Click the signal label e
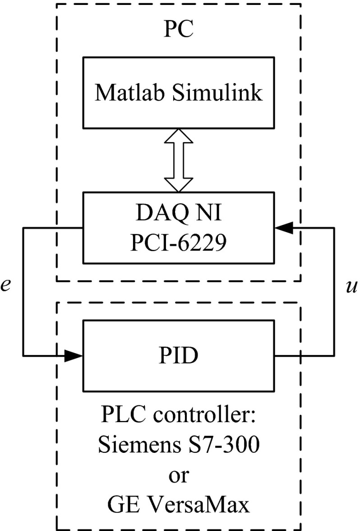coord(6,286)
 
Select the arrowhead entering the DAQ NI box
coord(282,228)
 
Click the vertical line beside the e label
coord(23,292)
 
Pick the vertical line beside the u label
coord(334,292)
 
